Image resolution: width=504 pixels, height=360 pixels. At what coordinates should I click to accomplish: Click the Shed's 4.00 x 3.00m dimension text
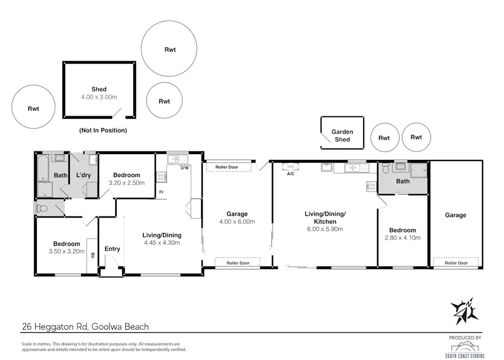click(99, 97)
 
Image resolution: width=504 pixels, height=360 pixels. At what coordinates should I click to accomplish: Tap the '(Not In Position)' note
click(103, 130)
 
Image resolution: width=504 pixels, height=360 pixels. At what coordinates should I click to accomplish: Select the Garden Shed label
click(342, 135)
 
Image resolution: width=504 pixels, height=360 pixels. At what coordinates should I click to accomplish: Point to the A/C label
click(291, 174)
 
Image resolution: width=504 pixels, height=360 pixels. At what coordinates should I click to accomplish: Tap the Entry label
click(112, 249)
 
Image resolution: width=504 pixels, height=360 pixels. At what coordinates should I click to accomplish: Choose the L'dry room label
click(84, 175)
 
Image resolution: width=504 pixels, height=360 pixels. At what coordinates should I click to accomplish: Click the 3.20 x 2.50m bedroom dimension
click(126, 183)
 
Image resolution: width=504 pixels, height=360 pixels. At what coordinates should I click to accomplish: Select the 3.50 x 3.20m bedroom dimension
click(67, 252)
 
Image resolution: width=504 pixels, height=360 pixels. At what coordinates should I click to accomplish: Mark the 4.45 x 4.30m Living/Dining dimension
click(162, 243)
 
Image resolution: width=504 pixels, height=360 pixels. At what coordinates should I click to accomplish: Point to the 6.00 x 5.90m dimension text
click(325, 229)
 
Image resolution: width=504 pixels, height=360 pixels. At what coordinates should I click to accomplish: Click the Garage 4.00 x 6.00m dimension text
click(237, 222)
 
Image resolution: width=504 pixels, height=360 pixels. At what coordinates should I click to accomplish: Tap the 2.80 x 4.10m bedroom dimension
click(402, 238)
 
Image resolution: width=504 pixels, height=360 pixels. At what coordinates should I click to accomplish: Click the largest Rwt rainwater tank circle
click(169, 49)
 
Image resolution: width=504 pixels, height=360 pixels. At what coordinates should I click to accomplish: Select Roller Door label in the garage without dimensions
click(455, 263)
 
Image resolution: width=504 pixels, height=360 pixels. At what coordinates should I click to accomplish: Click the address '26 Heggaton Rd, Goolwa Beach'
click(85, 326)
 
